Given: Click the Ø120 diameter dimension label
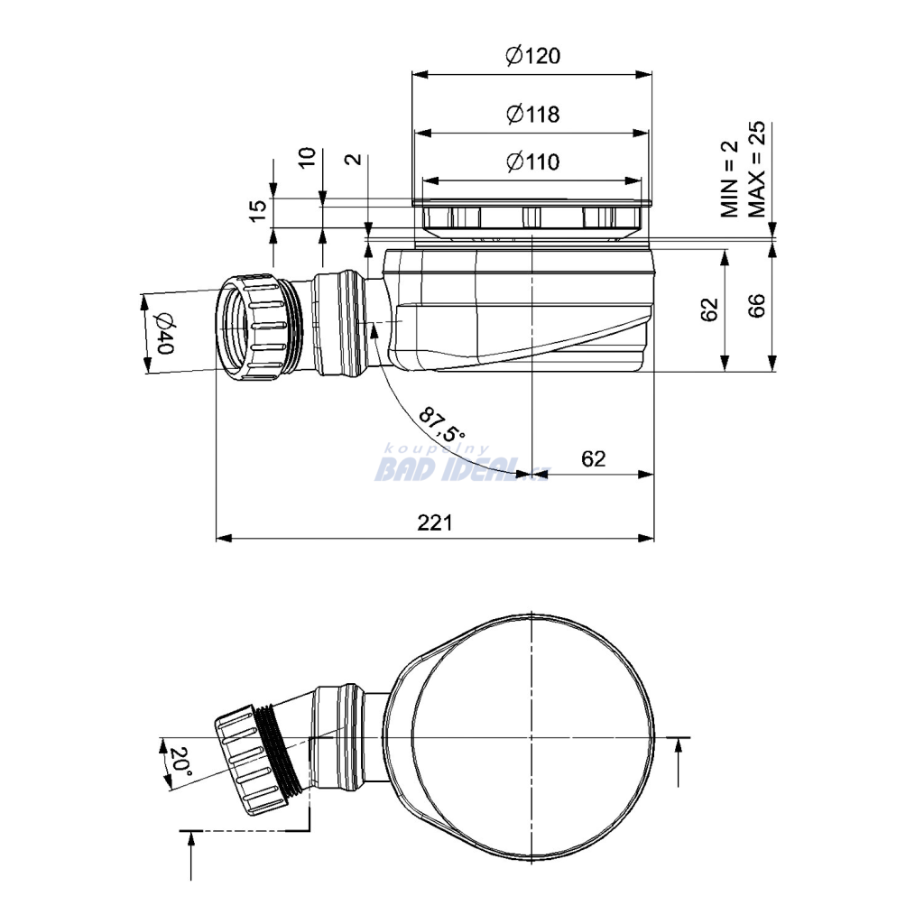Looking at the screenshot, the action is click(x=532, y=56).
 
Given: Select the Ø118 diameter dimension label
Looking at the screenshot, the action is click(x=532, y=114).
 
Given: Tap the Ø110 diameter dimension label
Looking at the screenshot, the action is click(x=532, y=162).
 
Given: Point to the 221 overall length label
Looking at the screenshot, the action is click(x=435, y=522).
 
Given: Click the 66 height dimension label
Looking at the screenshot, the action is click(x=756, y=305).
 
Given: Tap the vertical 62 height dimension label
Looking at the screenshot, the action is click(x=709, y=310).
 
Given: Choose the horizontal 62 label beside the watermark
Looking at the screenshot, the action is click(x=593, y=458).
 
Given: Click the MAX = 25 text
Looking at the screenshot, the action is click(x=757, y=169).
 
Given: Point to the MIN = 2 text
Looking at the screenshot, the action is click(x=729, y=180).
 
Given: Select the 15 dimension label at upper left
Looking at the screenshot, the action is click(x=257, y=210).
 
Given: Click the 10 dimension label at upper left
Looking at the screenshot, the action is click(x=307, y=158).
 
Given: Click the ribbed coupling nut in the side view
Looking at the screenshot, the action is click(x=252, y=328).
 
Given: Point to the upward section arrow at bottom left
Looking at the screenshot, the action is click(x=191, y=855).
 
